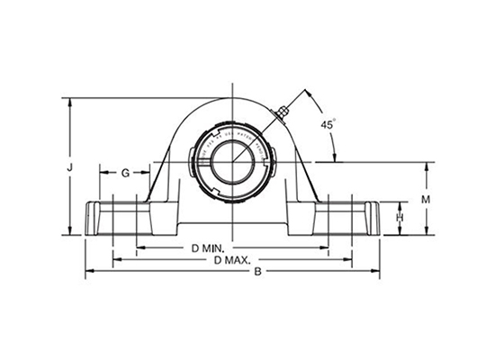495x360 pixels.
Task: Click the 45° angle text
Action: tap(328, 126)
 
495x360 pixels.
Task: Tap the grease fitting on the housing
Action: tap(284, 112)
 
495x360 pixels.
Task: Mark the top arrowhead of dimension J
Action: tap(69, 99)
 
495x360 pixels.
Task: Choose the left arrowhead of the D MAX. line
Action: tap(115, 259)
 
